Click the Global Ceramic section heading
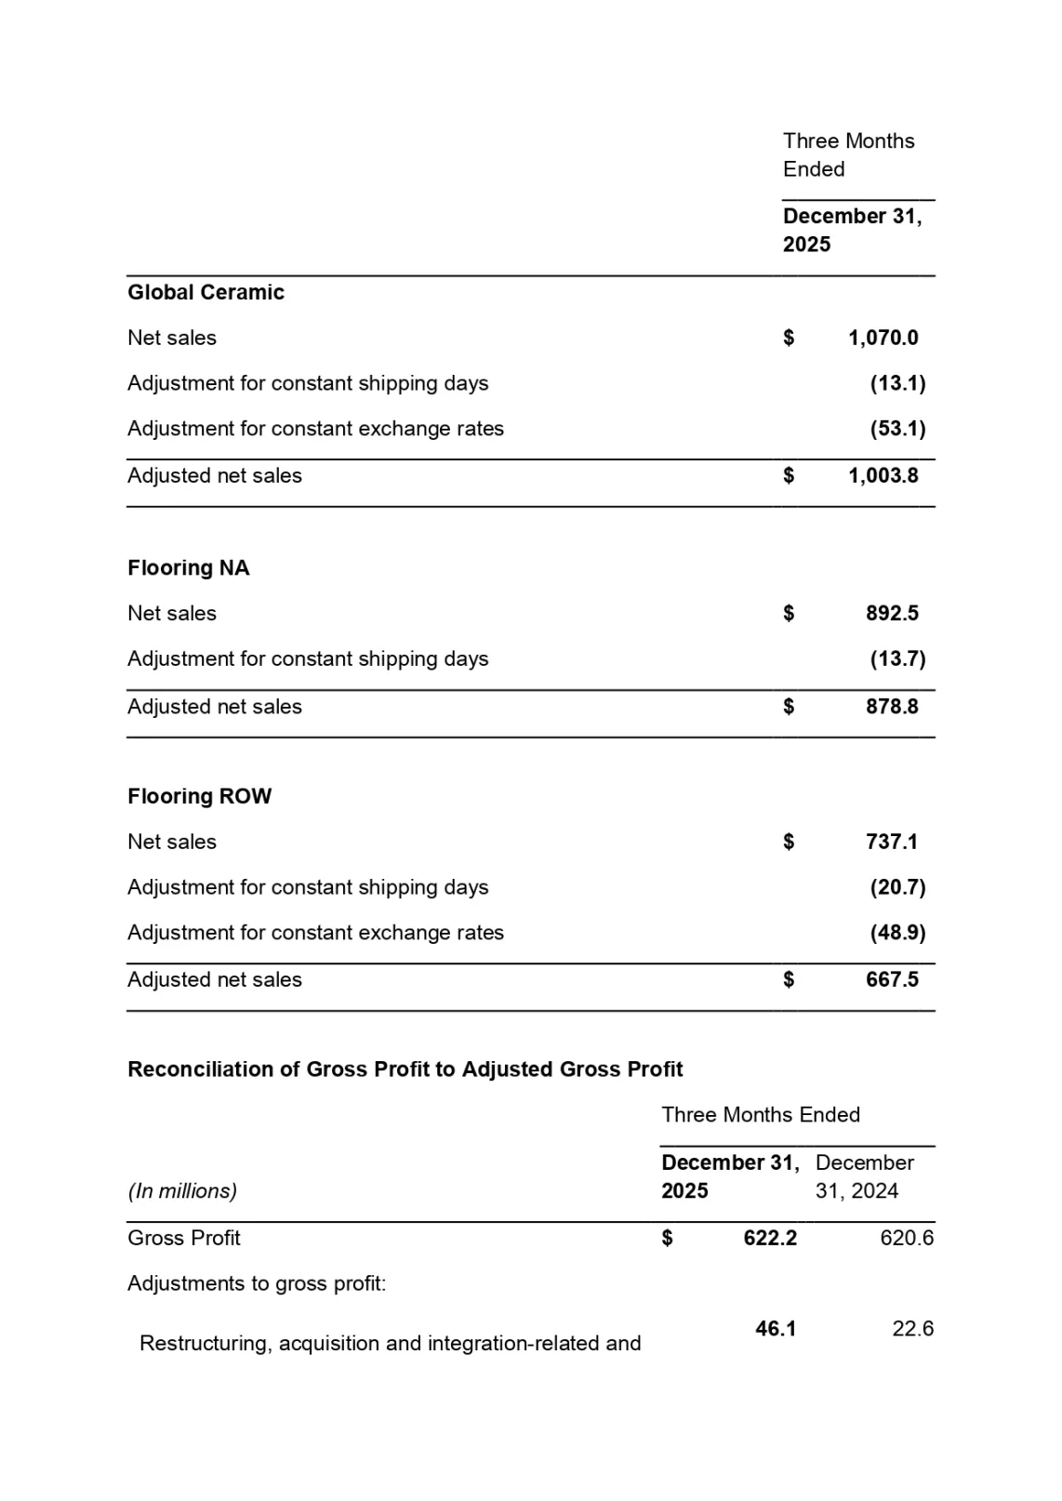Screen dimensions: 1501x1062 [x=206, y=292]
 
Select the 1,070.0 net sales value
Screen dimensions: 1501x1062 [x=883, y=338]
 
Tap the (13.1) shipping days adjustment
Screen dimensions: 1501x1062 [x=897, y=383]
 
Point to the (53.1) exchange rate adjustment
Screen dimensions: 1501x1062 [x=897, y=429]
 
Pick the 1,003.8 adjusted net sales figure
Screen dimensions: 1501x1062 [x=883, y=475]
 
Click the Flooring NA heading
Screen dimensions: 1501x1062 [x=188, y=567]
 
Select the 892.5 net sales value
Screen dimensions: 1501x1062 [x=892, y=613]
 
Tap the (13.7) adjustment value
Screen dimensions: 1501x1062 [x=897, y=658]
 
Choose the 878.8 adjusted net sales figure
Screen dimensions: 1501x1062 [x=892, y=707]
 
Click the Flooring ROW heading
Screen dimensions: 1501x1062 [x=199, y=796]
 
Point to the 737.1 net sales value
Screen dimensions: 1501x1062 [x=892, y=842]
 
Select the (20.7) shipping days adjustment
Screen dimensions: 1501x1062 [x=897, y=887]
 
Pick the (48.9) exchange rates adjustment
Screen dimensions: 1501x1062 [x=897, y=933]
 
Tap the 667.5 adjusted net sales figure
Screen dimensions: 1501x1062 [x=892, y=979]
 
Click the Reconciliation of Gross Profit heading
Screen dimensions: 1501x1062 [x=405, y=1069]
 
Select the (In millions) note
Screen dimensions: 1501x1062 [x=182, y=1190]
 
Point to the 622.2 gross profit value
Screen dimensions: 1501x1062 [x=770, y=1238]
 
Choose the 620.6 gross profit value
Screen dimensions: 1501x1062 [x=906, y=1238]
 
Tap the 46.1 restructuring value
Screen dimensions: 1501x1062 [x=776, y=1329]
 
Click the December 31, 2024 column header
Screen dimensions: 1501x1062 [x=864, y=1176]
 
